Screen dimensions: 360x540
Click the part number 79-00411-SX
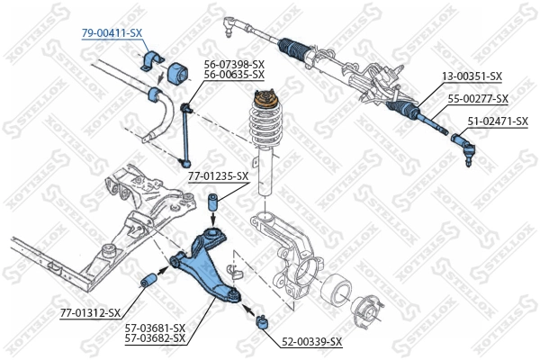(112, 32)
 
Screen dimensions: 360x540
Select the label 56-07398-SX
(234, 64)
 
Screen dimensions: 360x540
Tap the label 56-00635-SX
(234, 75)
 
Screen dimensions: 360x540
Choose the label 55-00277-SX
(478, 98)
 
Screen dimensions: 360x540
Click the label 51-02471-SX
(497, 120)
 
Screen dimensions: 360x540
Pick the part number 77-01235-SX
(219, 176)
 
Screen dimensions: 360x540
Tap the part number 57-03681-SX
(155, 327)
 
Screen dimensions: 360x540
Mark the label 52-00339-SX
(312, 341)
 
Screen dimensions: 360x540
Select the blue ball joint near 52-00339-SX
(260, 319)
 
